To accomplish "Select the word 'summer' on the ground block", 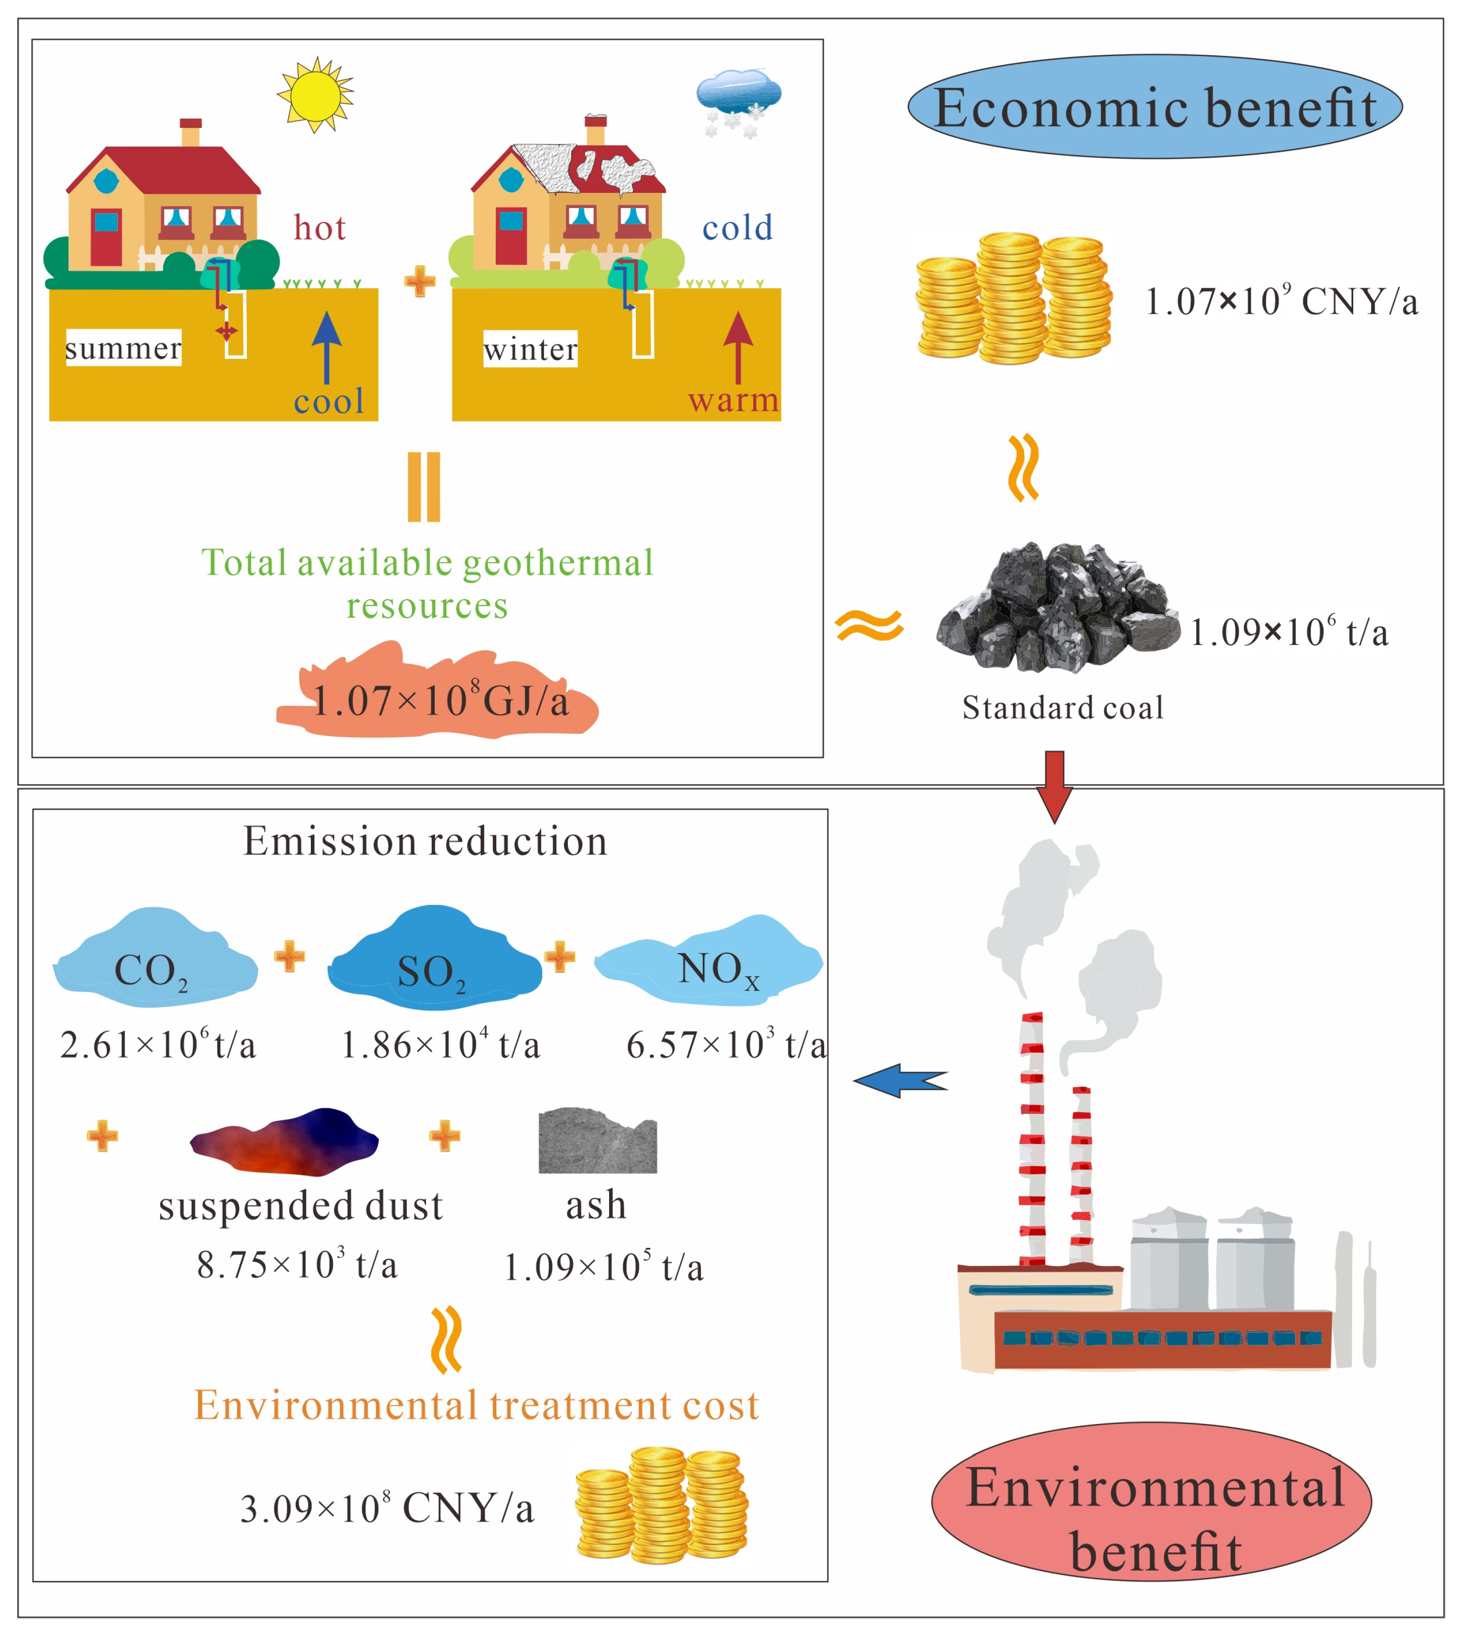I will [123, 348].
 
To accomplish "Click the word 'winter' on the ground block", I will [530, 348].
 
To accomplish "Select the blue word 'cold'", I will [738, 228].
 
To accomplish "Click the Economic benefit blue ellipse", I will [1154, 107].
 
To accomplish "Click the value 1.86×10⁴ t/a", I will [440, 1045].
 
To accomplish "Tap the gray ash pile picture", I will [597, 1141].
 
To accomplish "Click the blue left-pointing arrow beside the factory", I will [900, 1081].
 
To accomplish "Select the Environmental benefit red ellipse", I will [1151, 1502].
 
